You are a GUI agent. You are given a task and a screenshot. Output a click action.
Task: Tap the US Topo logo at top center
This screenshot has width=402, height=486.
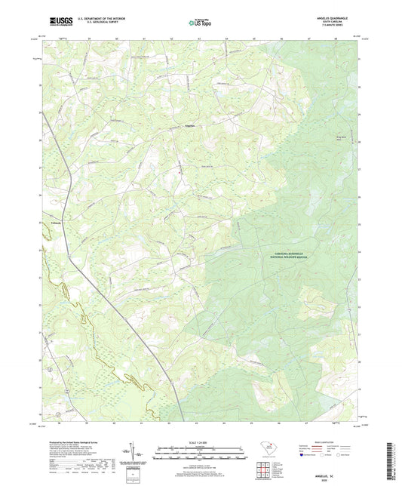point(200,23)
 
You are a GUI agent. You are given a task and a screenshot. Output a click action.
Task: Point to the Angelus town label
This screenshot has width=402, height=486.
point(189,125)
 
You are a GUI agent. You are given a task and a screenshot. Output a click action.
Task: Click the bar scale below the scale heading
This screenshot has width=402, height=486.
point(200,453)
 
